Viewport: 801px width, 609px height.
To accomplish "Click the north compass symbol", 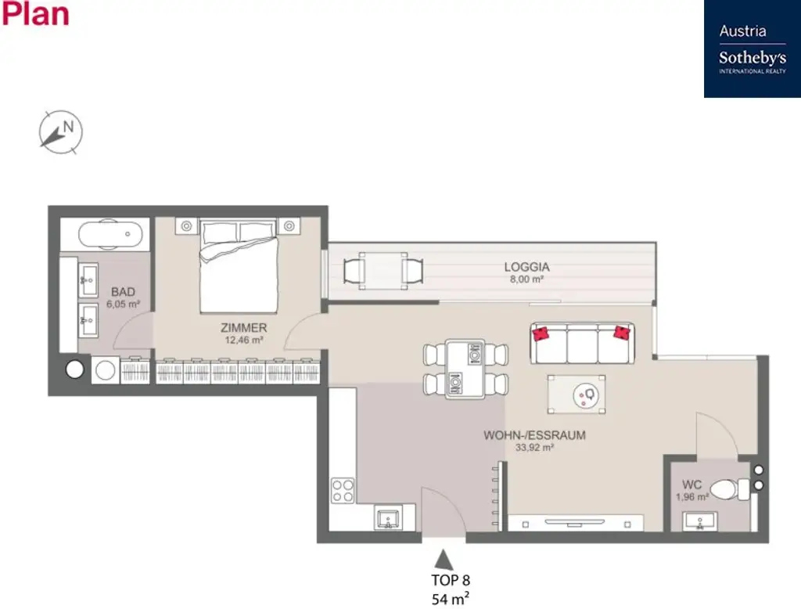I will [61, 131].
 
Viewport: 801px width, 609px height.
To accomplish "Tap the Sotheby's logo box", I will [752, 49].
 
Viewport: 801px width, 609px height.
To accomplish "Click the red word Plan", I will [35, 14].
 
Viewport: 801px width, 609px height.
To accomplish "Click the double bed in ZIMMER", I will [238, 265].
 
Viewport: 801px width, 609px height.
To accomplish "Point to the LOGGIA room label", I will [526, 267].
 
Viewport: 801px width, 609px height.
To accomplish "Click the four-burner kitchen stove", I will [343, 490].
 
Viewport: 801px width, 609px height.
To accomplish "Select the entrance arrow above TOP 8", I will [444, 559].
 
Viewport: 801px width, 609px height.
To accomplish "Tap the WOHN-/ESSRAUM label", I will [534, 435].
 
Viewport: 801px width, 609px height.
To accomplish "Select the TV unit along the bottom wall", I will [575, 522].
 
